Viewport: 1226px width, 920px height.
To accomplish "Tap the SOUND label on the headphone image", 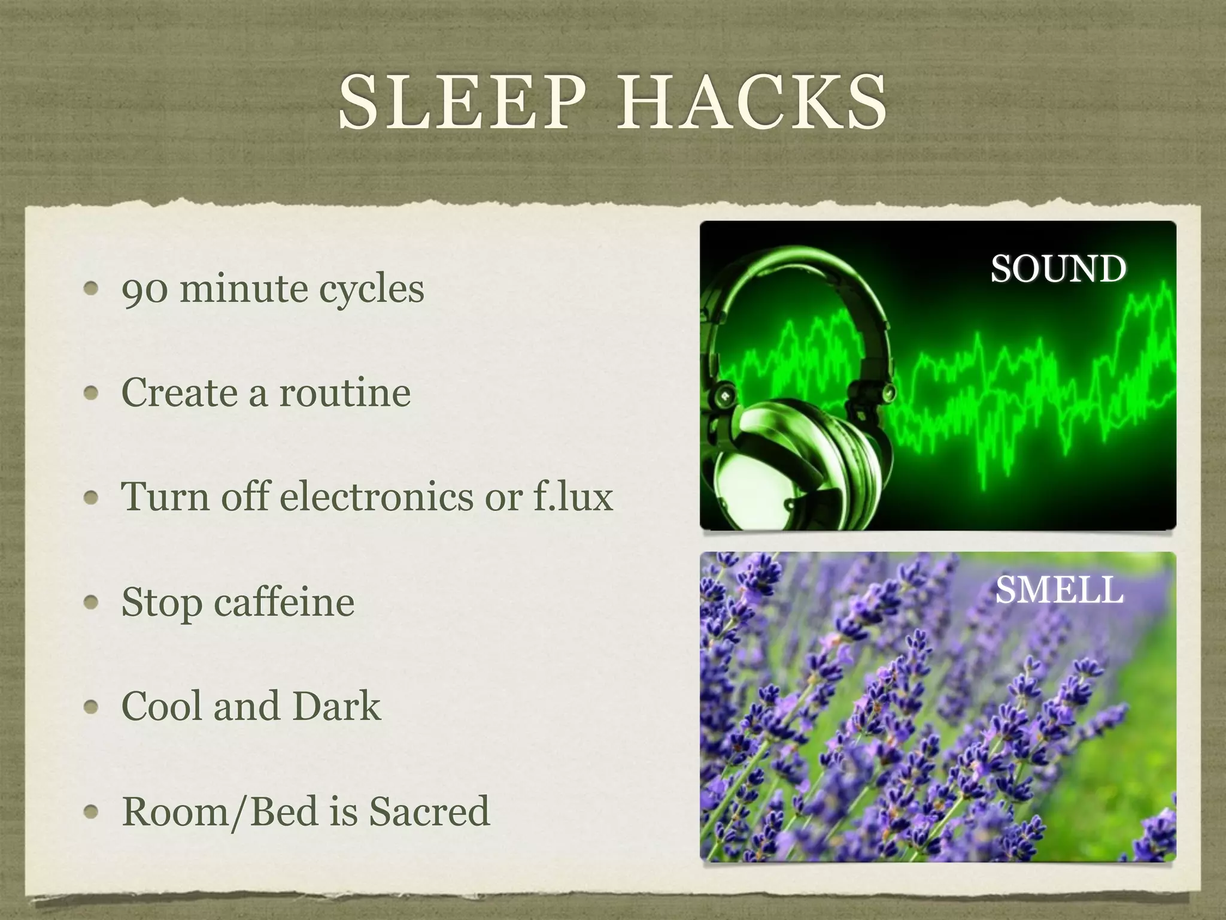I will (1058, 268).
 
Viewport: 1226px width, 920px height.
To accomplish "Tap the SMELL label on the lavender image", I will (1059, 590).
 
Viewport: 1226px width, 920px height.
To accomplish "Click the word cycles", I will (371, 290).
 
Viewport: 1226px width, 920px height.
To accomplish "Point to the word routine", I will (345, 393).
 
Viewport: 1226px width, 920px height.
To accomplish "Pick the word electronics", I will (377, 497).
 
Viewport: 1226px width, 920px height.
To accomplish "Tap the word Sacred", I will (429, 811).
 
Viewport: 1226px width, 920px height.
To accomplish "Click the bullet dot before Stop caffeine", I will (91, 603).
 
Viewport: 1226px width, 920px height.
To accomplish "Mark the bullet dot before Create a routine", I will (91, 394).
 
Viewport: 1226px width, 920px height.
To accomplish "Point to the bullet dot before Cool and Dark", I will (91, 707).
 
